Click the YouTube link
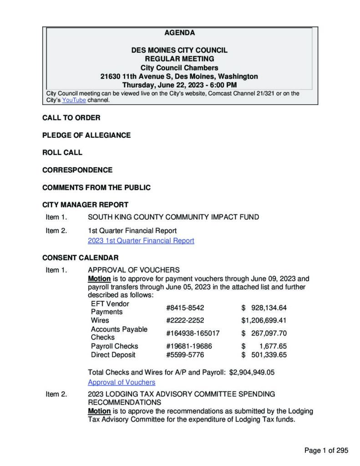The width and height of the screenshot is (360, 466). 74,100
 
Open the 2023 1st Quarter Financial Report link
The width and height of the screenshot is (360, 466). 141,240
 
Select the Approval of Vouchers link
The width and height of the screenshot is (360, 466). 122,382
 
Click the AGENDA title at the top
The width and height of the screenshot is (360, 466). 179,33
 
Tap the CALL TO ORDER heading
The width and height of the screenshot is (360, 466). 71,118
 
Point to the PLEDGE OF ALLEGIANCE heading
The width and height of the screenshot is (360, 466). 86,135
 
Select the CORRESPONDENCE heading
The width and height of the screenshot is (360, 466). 77,170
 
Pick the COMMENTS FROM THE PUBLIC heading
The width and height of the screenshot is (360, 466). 96,187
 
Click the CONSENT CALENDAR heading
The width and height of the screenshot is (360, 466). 80,258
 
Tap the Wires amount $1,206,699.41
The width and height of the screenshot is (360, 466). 264,320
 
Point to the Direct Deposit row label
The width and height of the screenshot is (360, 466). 113,355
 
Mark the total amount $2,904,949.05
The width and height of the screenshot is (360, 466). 252,372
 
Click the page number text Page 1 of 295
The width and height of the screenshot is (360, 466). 326,451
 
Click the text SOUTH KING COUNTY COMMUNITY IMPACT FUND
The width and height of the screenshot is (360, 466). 173,217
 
